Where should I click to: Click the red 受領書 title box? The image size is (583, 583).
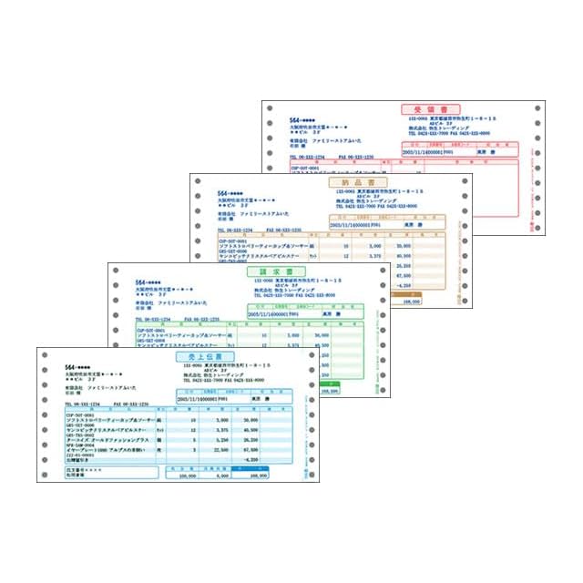click(431, 109)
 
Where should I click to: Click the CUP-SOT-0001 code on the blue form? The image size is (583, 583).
click(82, 414)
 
